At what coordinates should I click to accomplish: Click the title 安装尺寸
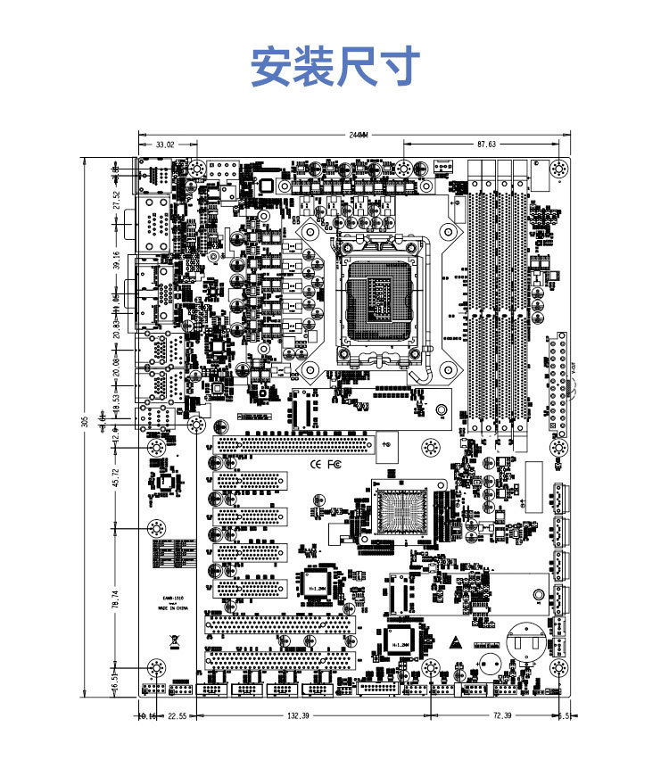[334, 67]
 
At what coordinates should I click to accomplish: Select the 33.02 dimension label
[165, 144]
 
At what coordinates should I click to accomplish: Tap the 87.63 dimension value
[486, 144]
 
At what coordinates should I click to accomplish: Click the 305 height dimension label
[86, 422]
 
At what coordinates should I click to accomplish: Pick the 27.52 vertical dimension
[115, 200]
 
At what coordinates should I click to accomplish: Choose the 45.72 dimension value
[115, 477]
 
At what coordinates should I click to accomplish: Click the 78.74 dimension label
[115, 599]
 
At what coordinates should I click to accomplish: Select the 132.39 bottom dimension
[298, 715]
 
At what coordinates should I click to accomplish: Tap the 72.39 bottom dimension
[503, 715]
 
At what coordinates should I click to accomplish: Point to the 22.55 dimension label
[177, 715]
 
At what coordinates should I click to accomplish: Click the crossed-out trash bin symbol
[172, 640]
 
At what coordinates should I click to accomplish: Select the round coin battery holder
[524, 639]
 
